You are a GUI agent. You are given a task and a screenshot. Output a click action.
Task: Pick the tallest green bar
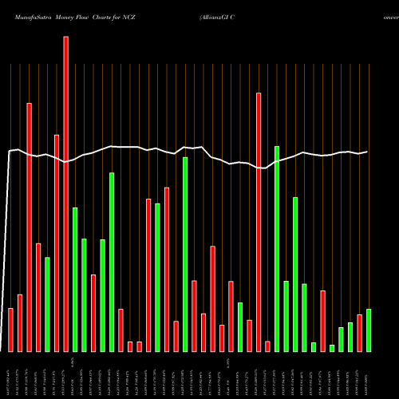277,248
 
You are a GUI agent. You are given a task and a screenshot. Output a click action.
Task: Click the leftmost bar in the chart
10,330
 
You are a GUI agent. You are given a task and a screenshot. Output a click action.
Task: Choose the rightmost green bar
369,330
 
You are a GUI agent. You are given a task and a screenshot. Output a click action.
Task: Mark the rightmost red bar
359,333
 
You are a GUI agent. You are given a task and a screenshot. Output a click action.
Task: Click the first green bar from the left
47,304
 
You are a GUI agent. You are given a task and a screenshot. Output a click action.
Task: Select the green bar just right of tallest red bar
75,279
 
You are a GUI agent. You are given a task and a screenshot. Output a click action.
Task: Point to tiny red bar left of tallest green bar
267,346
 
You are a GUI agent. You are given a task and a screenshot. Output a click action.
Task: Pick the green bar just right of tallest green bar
286,316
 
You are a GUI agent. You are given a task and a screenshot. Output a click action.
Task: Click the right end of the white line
368,152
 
